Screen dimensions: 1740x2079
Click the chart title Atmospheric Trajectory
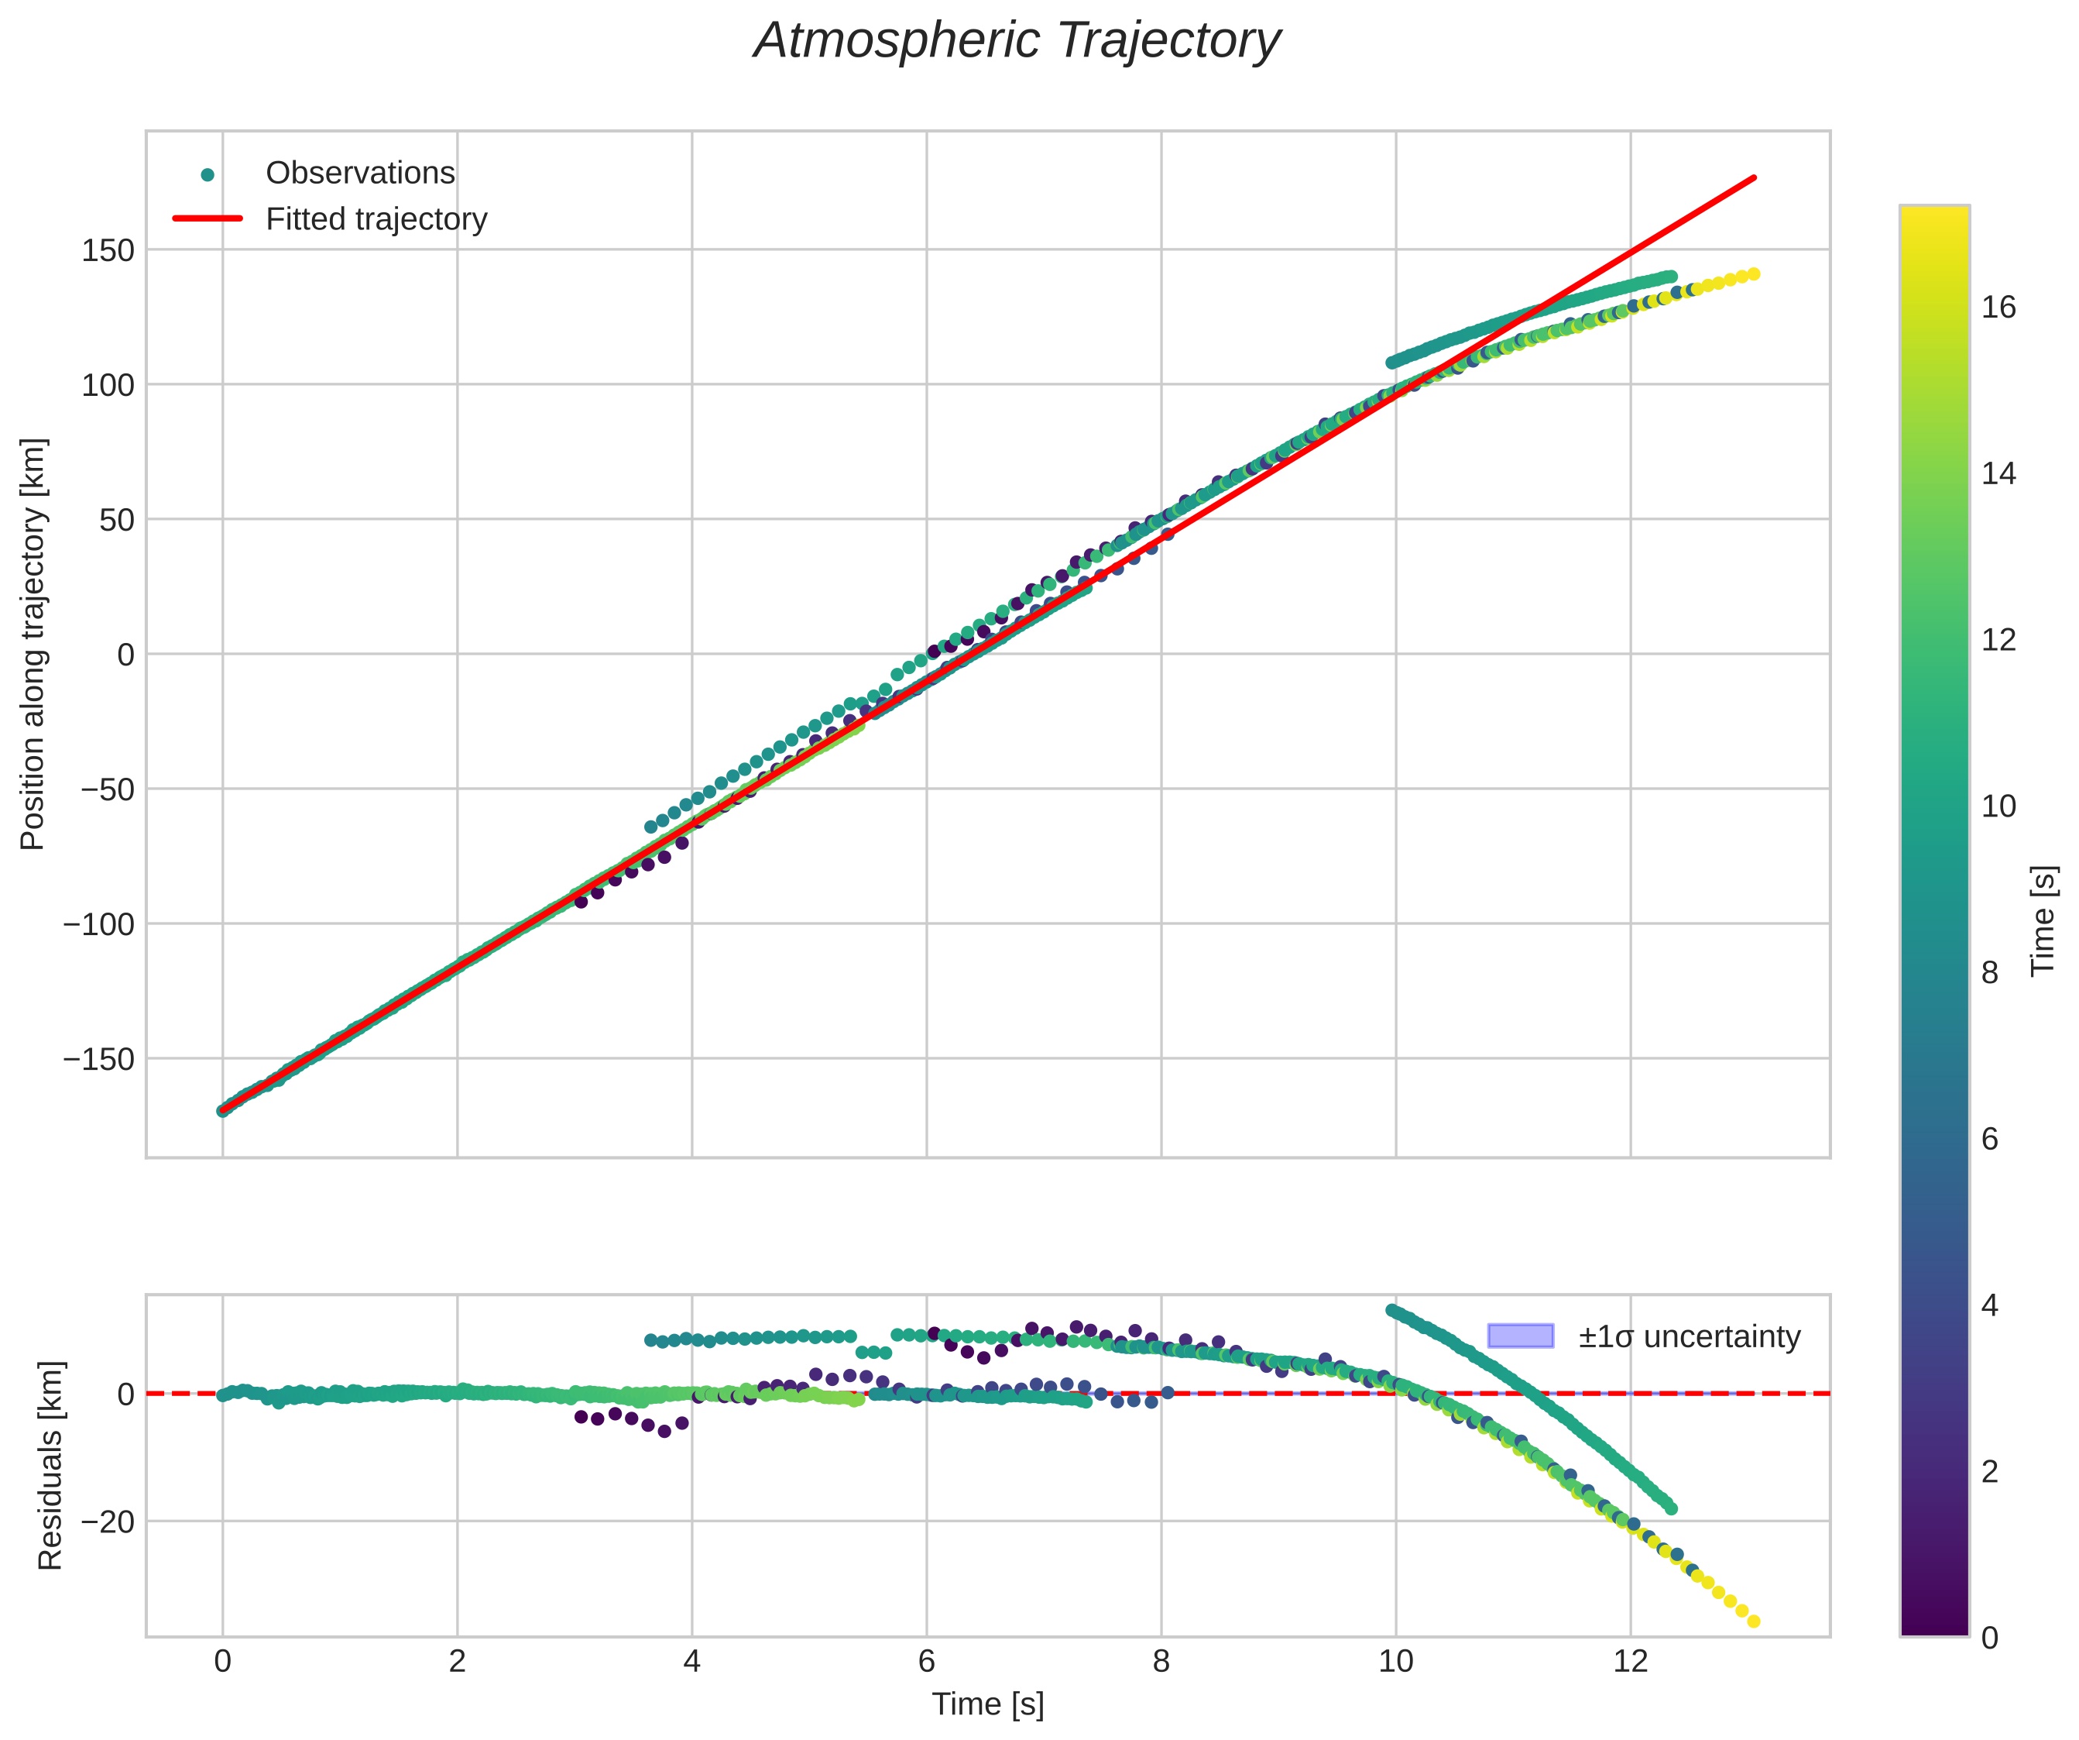click(1017, 42)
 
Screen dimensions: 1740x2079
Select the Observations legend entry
click(359, 174)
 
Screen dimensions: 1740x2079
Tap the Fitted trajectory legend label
click(376, 219)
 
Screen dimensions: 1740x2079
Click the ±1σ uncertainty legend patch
click(1520, 1336)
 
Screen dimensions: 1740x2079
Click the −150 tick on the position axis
click(98, 1059)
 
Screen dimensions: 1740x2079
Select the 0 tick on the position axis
click(125, 655)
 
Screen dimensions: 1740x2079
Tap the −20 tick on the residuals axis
click(107, 1521)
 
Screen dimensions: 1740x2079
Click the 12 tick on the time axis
click(1631, 1661)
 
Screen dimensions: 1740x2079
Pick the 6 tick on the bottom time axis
click(927, 1661)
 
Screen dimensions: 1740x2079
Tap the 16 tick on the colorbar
click(1998, 307)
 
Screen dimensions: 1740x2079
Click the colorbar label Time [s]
click(2043, 921)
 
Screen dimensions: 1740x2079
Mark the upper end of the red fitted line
click(1755, 177)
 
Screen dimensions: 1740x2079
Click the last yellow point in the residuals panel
click(1753, 1622)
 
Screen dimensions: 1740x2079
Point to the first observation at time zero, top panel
click(223, 1110)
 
